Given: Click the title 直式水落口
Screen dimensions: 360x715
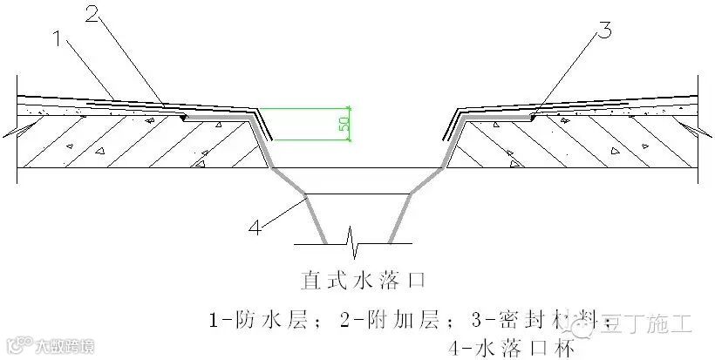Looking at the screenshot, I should click(x=357, y=280).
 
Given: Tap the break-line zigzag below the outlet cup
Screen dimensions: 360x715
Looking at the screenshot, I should click(x=352, y=236).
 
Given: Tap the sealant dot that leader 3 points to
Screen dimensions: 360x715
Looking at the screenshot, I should click(x=533, y=115).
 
